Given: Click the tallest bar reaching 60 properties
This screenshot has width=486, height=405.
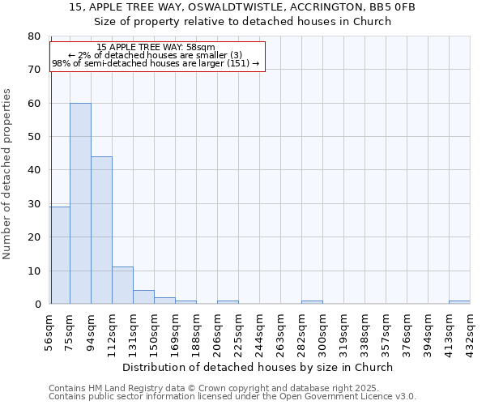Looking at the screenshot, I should click(80, 203).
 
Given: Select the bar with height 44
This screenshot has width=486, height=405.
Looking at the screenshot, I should click(101, 230).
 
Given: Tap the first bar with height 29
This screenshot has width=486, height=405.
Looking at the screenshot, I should click(59, 255).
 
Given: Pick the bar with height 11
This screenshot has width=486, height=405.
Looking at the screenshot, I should click(122, 285).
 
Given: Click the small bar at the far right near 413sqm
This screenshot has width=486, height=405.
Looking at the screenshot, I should click(459, 302).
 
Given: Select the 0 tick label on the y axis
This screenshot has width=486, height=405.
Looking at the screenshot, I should click(36, 304).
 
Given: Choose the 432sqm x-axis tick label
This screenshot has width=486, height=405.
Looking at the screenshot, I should click(471, 330).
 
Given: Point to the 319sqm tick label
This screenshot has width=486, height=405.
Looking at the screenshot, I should click(344, 330).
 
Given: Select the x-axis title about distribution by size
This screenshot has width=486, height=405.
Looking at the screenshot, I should click(259, 367).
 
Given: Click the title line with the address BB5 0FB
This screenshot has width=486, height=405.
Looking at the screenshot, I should click(242, 7).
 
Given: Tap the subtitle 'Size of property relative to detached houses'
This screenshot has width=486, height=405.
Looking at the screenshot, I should click(242, 21).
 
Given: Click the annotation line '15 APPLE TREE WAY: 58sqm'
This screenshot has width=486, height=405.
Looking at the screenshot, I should click(156, 47).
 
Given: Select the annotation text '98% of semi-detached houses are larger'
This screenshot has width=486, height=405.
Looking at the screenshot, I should click(156, 63).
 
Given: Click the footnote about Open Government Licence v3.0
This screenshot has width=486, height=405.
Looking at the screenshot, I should click(232, 397).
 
